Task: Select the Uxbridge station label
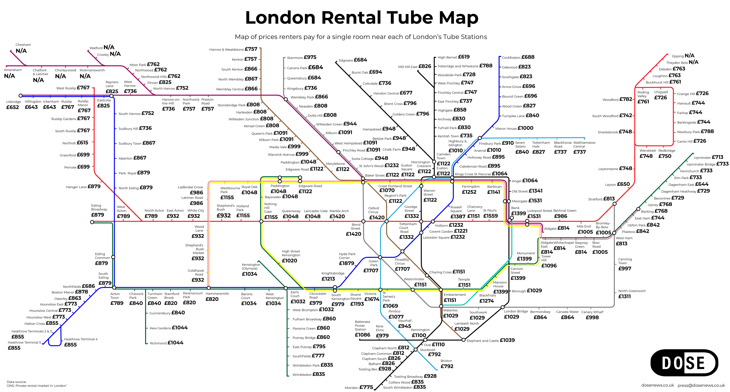click(14, 102)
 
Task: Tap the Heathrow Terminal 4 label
click(81, 339)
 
